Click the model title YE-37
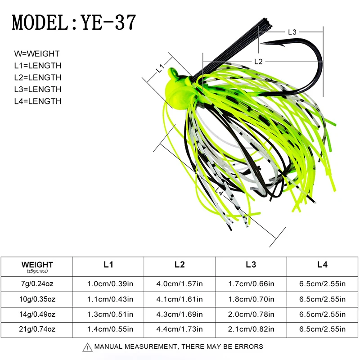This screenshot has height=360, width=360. point(108,22)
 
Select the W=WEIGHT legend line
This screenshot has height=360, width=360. point(37,54)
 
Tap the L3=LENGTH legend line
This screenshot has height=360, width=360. point(38,89)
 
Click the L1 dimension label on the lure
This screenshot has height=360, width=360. point(161,68)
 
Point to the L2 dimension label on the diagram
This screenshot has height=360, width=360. point(258,62)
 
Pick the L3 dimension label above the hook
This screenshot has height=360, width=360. point(292,32)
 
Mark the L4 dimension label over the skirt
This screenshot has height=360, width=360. point(219,192)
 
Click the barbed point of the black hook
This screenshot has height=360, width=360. point(262,43)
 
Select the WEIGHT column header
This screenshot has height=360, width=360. point(37,265)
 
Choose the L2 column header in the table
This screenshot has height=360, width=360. point(179,265)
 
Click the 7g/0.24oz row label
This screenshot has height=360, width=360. point(37,284)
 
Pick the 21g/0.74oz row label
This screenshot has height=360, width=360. point(37,329)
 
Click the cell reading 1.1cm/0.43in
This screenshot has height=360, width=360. point(110,299)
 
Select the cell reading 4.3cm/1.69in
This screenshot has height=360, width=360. point(180,314)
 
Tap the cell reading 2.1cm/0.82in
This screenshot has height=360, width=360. point(251,329)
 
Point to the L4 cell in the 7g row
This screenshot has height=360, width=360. point(322,284)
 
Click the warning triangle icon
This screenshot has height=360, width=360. point(87,347)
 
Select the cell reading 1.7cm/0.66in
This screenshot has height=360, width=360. point(251,284)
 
